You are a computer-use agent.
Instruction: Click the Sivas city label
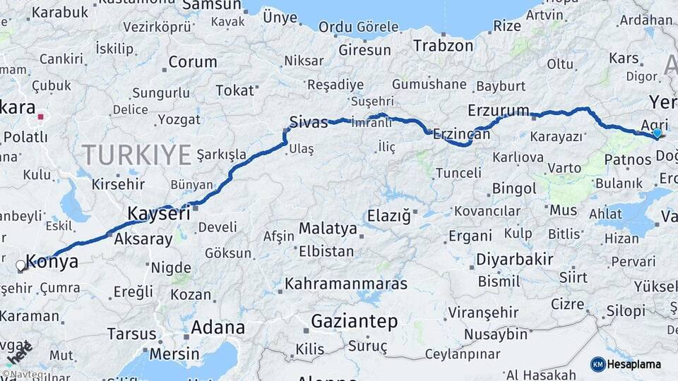coord(309,122)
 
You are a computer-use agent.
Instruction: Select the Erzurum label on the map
coord(498,111)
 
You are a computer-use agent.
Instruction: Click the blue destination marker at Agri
coord(658,133)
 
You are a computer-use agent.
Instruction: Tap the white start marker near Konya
coord(21,266)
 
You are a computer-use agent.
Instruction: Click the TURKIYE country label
coord(136,154)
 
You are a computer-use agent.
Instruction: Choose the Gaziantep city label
coord(355,322)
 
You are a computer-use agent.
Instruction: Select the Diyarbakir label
coord(514,259)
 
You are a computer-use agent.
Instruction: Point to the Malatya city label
coord(328,229)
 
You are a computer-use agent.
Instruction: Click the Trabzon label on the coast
coord(443,46)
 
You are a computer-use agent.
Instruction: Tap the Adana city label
coord(218,327)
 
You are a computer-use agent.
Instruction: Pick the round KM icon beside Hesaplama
coord(598,364)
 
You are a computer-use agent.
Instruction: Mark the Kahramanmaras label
coord(346,284)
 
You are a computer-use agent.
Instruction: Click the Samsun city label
coord(211,6)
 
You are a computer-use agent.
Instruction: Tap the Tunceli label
coord(458,173)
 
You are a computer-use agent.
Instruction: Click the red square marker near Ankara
coord(42,117)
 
